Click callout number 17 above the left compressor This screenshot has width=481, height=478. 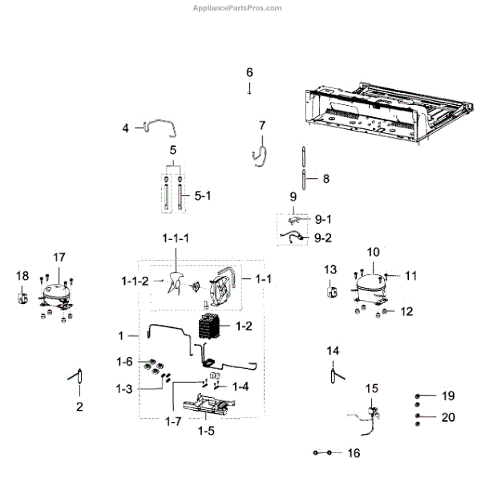point(59,257)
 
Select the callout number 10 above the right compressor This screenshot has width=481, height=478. point(373,253)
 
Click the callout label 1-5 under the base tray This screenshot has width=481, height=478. point(206,431)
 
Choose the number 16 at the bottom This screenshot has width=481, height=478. point(354,453)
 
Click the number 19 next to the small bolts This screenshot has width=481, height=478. point(448,396)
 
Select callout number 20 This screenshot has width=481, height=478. point(448,417)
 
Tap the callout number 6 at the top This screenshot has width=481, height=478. point(249,72)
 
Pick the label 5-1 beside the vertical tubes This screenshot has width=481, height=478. point(202,194)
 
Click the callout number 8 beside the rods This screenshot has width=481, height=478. point(325,179)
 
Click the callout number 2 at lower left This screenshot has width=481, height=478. point(79,407)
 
